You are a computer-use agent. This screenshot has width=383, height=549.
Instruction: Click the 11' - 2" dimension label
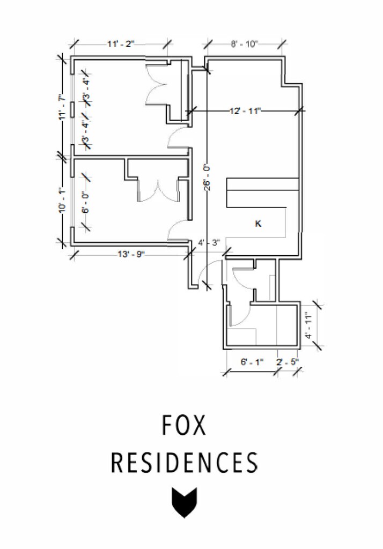click(121, 44)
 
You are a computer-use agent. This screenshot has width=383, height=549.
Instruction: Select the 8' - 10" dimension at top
click(244, 44)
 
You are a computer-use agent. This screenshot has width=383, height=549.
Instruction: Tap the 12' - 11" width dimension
click(245, 111)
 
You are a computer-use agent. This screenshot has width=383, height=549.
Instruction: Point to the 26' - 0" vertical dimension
click(207, 177)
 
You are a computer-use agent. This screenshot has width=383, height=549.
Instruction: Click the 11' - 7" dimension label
click(62, 107)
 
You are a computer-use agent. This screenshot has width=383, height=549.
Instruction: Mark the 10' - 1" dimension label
click(62, 201)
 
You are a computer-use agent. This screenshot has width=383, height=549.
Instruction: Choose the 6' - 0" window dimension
click(85, 202)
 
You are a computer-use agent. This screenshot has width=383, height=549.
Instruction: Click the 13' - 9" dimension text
click(131, 254)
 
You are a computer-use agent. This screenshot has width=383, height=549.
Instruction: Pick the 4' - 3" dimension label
click(209, 243)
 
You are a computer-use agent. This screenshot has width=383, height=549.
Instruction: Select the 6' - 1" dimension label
click(252, 362)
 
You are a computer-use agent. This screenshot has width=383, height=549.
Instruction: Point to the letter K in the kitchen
click(258, 224)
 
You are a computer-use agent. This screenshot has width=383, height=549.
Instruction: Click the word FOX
click(184, 425)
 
